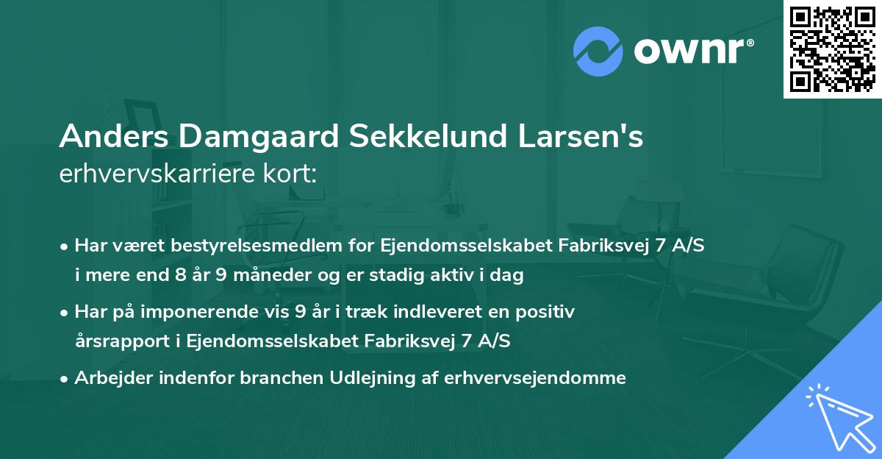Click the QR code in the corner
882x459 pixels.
tap(831, 49)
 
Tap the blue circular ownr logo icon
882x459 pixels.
tap(598, 49)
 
